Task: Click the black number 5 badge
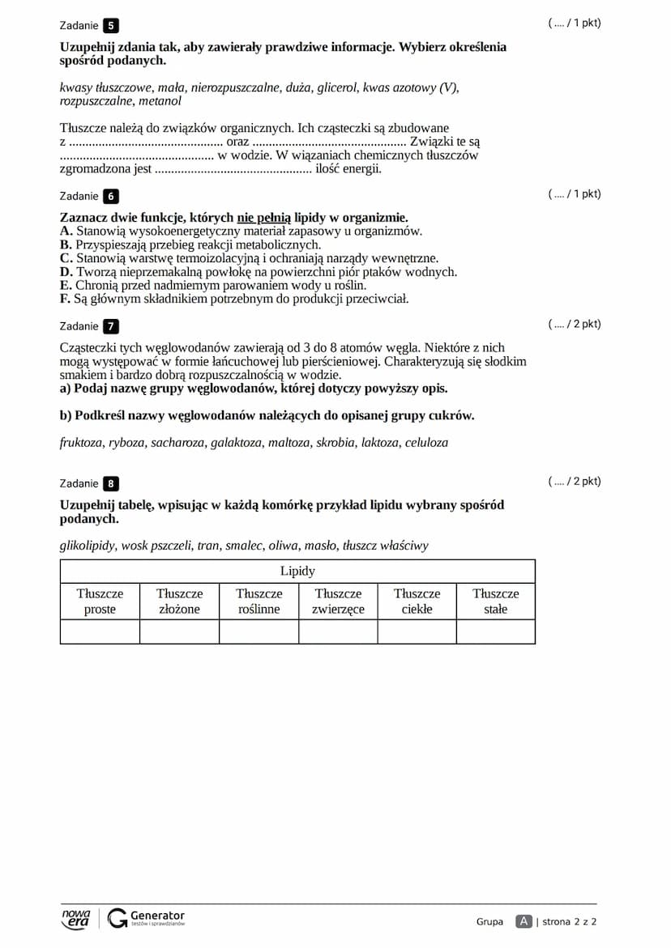click(x=111, y=25)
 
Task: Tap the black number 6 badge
click(x=111, y=196)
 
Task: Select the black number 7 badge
click(x=111, y=326)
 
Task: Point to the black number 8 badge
click(x=111, y=483)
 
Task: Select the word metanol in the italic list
click(x=160, y=101)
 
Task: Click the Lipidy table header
click(x=297, y=571)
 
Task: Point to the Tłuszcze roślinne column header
click(x=259, y=601)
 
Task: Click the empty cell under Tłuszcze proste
click(x=100, y=631)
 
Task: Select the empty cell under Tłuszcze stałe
click(x=495, y=631)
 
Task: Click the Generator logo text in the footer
click(x=157, y=916)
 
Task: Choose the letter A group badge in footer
click(x=524, y=921)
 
